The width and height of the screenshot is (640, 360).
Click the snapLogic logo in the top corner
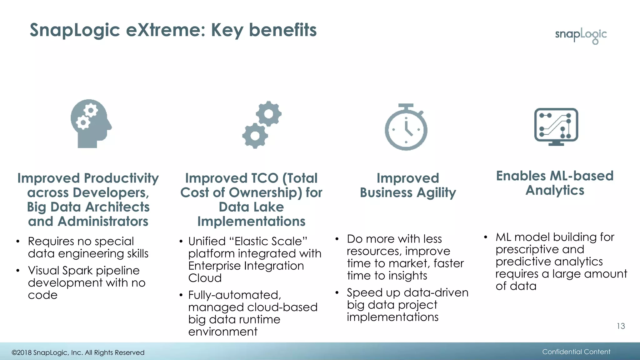click(x=581, y=35)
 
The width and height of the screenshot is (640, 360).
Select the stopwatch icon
click(x=406, y=127)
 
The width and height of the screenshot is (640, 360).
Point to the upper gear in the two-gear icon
click(x=269, y=114)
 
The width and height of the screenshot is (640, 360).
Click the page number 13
click(x=621, y=326)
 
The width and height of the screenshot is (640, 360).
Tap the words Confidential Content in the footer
click(x=576, y=352)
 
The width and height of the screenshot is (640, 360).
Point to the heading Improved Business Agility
click(x=408, y=185)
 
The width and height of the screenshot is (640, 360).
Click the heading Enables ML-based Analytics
click(x=555, y=183)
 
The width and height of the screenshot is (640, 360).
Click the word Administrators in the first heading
click(x=103, y=222)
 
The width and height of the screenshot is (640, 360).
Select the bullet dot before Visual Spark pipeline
click(x=18, y=271)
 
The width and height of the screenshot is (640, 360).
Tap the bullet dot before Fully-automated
click(x=181, y=295)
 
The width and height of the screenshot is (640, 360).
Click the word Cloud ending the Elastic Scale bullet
click(x=205, y=278)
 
